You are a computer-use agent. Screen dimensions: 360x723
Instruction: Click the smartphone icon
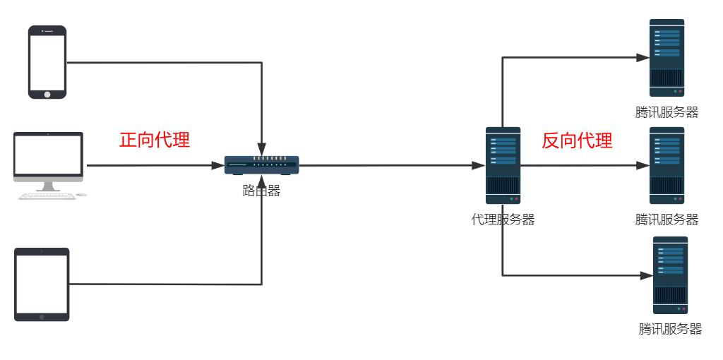click(x=47, y=62)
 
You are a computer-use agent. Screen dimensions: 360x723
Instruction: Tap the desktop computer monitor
click(x=48, y=155)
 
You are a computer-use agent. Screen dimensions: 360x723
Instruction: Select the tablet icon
click(x=42, y=284)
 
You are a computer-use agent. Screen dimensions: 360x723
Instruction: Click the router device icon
click(x=261, y=164)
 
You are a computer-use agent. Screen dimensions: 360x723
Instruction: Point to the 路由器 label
click(x=261, y=191)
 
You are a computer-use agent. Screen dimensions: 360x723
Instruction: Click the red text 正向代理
click(x=155, y=140)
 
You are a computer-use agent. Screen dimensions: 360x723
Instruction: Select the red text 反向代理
click(x=577, y=140)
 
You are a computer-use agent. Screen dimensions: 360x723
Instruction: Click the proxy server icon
click(x=503, y=165)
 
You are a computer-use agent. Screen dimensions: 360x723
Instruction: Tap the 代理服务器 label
click(x=503, y=220)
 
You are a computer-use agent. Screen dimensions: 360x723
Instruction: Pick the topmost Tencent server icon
click(x=667, y=57)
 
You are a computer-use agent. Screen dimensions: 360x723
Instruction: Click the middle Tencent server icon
click(x=667, y=165)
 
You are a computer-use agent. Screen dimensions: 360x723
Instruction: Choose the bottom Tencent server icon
click(x=670, y=275)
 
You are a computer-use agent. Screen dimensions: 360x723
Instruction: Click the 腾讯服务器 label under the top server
click(x=667, y=112)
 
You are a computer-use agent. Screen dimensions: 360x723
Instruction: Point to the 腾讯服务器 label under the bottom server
click(x=670, y=329)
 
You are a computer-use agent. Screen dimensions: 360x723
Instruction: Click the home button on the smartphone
click(x=47, y=94)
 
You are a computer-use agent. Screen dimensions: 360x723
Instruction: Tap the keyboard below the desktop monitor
click(x=47, y=196)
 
